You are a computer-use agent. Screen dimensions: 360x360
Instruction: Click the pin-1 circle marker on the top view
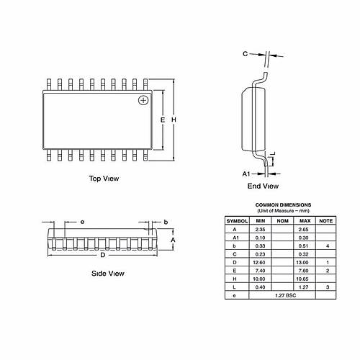pos(144,99)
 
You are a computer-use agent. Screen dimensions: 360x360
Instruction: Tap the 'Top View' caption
pos(104,179)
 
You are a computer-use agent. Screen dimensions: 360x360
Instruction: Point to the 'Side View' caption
pos(107,274)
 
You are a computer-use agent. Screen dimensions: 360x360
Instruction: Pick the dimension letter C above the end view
pos(245,54)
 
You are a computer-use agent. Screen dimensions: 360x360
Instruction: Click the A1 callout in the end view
pos(246,174)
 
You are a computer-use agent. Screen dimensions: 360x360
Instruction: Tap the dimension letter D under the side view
pos(103,255)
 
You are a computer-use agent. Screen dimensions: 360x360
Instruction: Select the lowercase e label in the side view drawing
pos(83,222)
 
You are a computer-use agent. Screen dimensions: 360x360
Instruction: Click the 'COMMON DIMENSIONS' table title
pos(283,204)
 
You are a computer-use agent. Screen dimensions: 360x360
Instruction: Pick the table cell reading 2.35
pos(261,228)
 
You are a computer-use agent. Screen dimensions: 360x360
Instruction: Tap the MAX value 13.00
pos(304,262)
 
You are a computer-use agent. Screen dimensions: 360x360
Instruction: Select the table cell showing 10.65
pos(304,279)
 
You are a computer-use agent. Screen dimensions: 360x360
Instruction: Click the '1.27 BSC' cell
pos(282,296)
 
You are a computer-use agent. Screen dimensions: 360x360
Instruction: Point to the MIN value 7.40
pos(261,271)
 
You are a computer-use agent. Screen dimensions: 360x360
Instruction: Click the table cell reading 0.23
pos(261,253)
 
